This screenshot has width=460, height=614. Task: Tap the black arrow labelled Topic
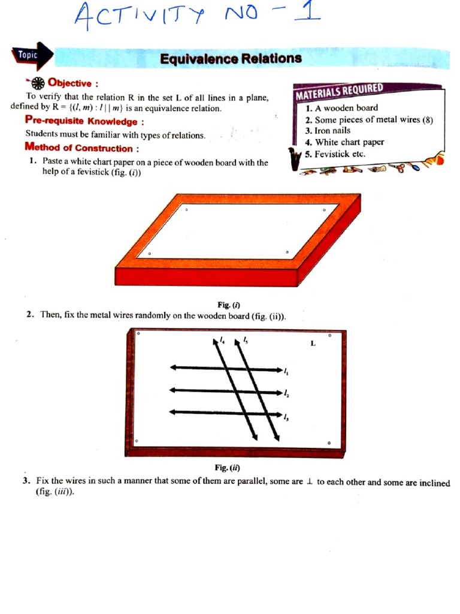[32, 55]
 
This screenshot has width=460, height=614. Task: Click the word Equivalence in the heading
[199, 58]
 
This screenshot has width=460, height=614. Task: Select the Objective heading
[70, 83]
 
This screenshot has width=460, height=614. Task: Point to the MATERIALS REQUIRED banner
[339, 92]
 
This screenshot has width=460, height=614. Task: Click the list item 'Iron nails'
[332, 130]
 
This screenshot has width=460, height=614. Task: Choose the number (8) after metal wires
[427, 119]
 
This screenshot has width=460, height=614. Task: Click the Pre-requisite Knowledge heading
[84, 122]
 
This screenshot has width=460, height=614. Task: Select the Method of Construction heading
[83, 148]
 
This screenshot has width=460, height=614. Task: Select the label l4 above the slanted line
[222, 340]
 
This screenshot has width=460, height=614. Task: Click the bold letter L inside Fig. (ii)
[313, 344]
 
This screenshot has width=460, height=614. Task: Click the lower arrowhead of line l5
[277, 435]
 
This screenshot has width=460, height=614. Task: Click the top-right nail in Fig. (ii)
[329, 336]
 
